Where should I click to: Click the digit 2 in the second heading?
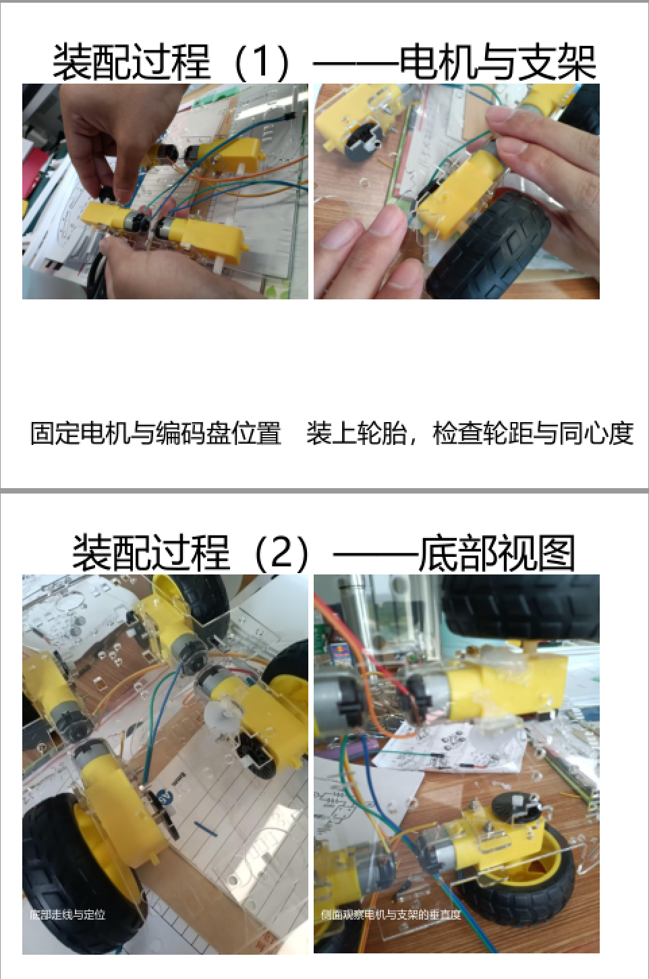[x=281, y=552]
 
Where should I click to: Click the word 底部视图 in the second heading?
[x=497, y=552]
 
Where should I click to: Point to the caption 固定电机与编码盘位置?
[x=156, y=433]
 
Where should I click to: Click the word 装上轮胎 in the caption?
[x=356, y=433]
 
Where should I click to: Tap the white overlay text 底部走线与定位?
[x=67, y=914]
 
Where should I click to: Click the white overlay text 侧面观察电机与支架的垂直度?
[x=391, y=914]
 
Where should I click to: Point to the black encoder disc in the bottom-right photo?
[x=517, y=804]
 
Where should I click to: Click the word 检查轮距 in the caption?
[x=482, y=433]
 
